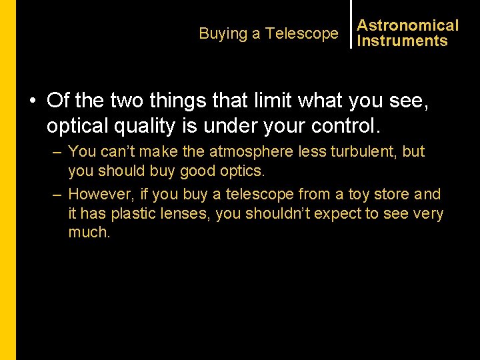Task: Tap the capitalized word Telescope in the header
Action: pyautogui.click(x=302, y=33)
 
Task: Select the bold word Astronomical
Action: pyautogui.click(x=408, y=25)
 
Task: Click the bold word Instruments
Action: pyautogui.click(x=402, y=41)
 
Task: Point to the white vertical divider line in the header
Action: pyautogui.click(x=351, y=24)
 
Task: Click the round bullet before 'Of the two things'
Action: pyautogui.click(x=32, y=101)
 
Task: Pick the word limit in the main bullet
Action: pyautogui.click(x=261, y=101)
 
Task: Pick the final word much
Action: pyautogui.click(x=89, y=233)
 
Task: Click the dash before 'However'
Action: pyautogui.click(x=57, y=194)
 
